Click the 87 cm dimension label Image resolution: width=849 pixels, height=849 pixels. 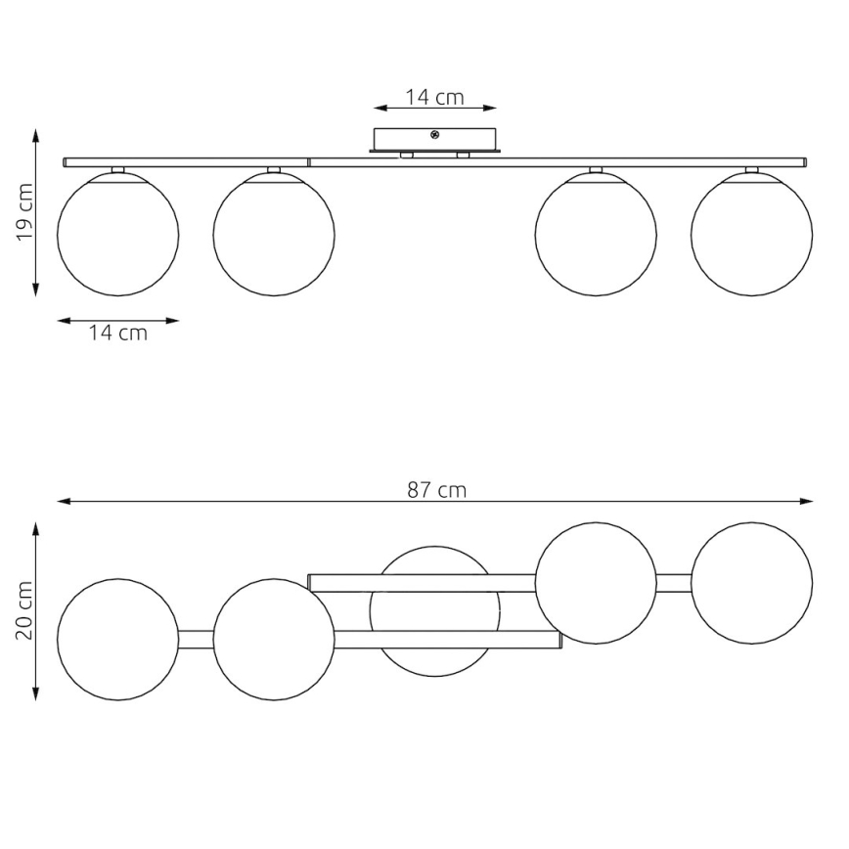[436, 490]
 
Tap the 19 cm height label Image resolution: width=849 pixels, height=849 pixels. [24, 212]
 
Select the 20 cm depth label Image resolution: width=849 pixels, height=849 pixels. [24, 610]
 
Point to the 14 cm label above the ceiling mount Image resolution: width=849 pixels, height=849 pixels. [435, 97]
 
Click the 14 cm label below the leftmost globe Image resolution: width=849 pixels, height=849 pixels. [118, 333]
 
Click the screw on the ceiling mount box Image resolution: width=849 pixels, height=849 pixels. [434, 135]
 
